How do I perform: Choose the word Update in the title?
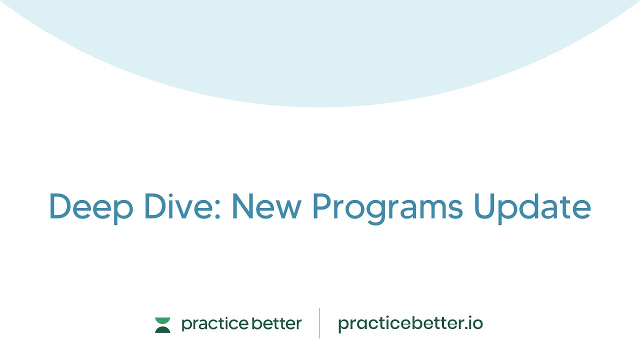tap(532, 206)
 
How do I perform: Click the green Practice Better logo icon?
tap(162, 324)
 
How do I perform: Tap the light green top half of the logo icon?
tap(162, 320)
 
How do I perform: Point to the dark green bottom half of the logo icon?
tap(162, 329)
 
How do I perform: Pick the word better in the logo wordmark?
tap(276, 323)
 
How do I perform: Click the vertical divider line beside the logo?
tap(319, 323)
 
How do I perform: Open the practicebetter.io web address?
tap(410, 324)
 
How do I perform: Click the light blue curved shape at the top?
tap(320, 50)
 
